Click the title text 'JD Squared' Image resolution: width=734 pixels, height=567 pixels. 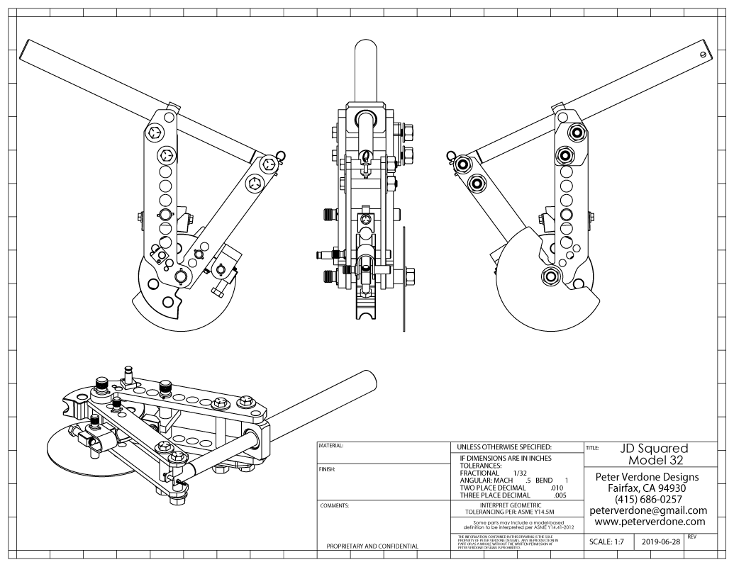click(x=653, y=449)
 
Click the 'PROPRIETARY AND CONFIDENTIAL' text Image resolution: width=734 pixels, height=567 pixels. click(x=372, y=546)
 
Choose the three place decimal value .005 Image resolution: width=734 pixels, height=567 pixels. click(x=560, y=495)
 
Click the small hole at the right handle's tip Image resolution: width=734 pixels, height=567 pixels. click(x=703, y=53)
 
